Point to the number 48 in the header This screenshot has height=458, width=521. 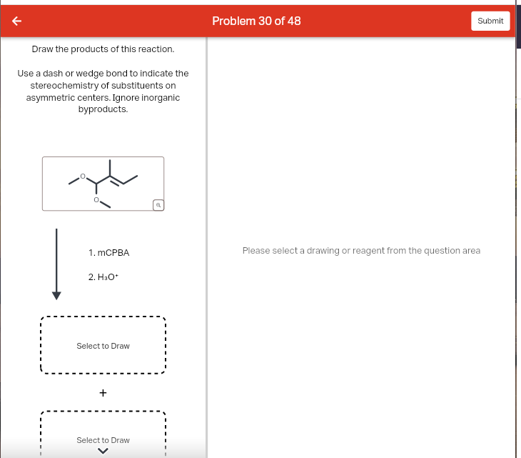(x=293, y=21)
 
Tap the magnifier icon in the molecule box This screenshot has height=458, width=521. (x=158, y=205)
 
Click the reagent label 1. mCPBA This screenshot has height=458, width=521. (x=108, y=253)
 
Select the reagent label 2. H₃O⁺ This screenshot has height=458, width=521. (x=102, y=277)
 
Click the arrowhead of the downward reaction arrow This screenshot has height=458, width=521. (x=56, y=295)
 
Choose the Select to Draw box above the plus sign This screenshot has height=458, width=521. (x=103, y=346)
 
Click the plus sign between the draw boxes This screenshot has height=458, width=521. (x=103, y=392)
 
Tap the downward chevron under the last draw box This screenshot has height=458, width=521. (x=103, y=451)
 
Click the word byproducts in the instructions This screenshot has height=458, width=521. (x=103, y=109)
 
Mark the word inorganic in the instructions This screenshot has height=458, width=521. (x=161, y=97)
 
